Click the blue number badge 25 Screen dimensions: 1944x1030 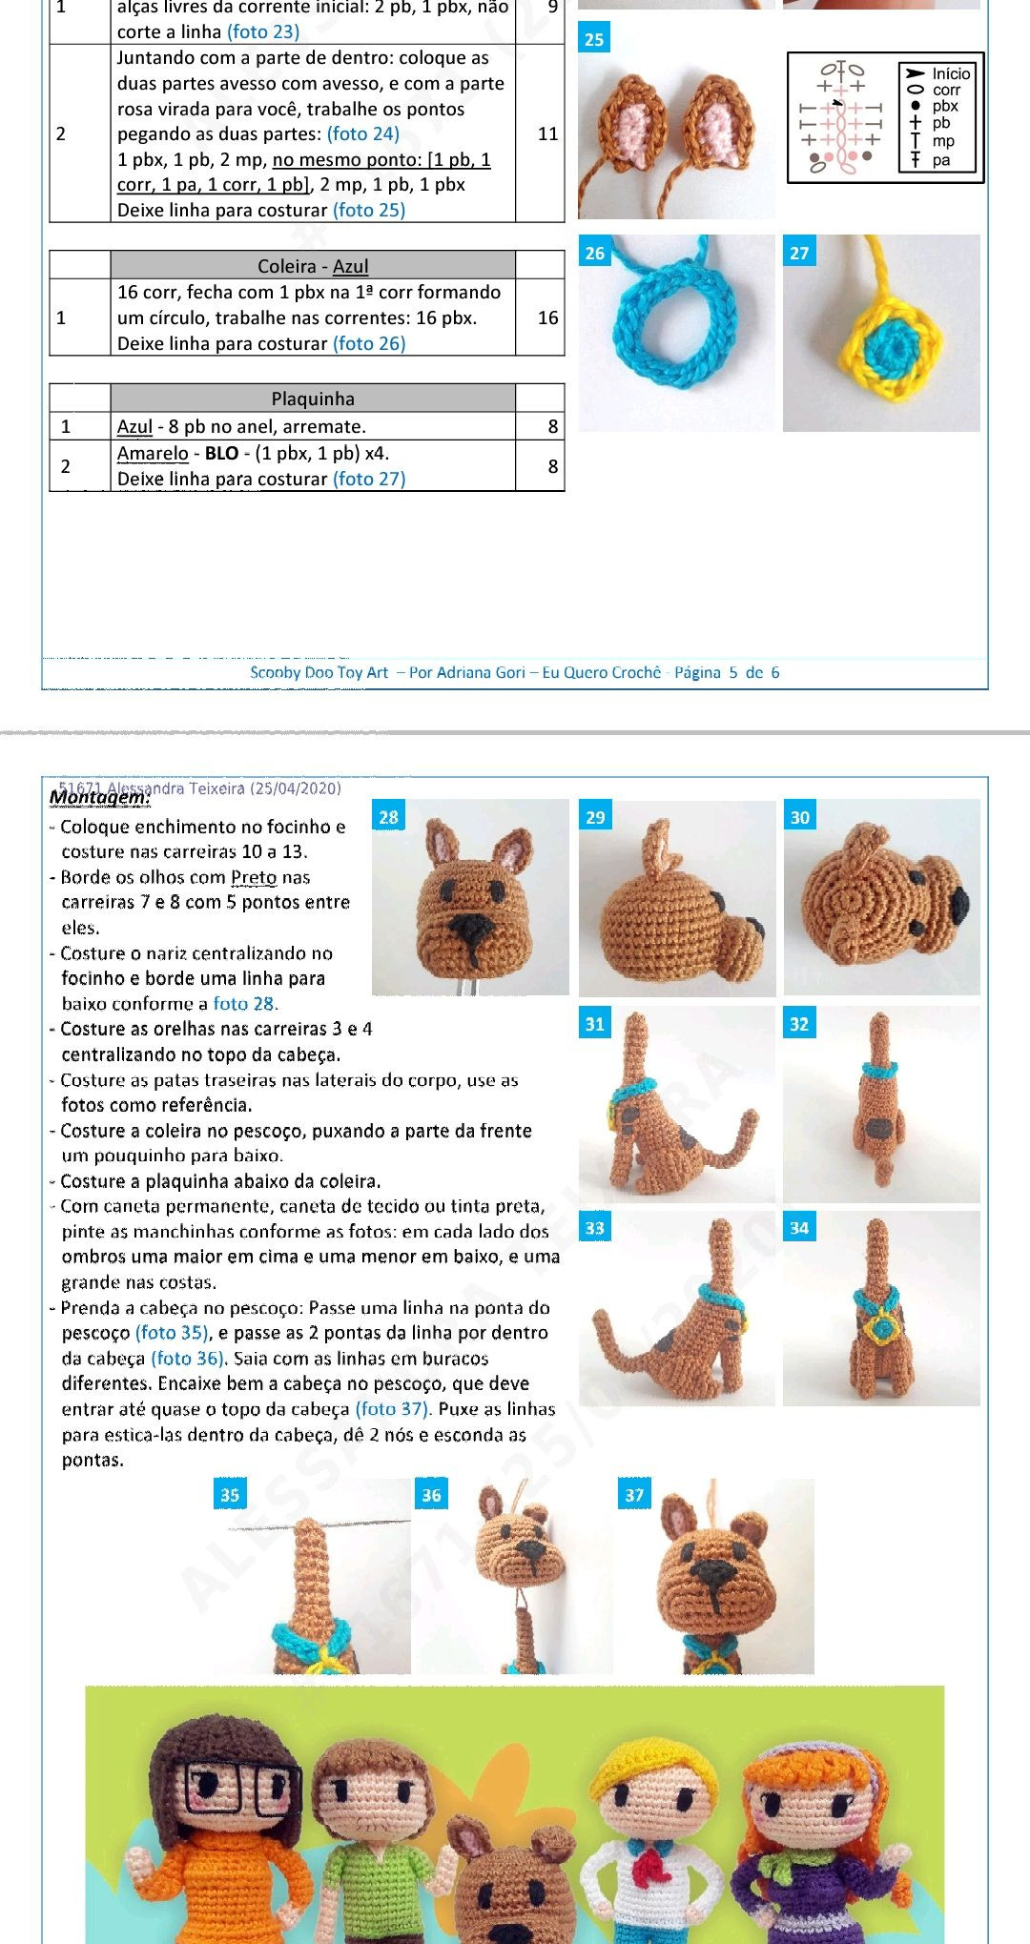tap(594, 39)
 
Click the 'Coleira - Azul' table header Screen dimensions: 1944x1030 tap(313, 266)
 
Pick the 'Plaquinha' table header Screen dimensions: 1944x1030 tap(313, 399)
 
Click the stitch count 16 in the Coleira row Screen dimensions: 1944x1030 tap(547, 317)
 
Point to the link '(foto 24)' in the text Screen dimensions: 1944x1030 tap(363, 134)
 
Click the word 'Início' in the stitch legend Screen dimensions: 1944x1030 tap(951, 73)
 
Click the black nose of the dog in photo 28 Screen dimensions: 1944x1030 tap(470, 924)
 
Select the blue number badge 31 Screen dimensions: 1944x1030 tap(594, 1024)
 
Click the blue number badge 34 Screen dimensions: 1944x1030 tap(799, 1228)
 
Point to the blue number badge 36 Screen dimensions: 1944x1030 tap(431, 1495)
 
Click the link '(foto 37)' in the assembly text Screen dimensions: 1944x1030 tap(393, 1409)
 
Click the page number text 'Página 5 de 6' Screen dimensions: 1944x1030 tap(727, 672)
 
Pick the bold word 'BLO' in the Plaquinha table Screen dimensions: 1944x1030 tap(221, 454)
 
